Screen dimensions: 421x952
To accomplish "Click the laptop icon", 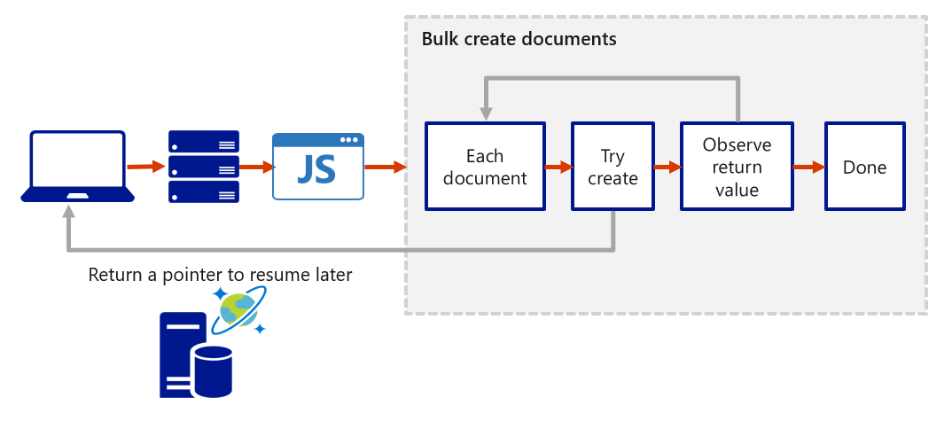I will (78, 166).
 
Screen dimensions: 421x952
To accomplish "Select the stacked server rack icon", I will (203, 166).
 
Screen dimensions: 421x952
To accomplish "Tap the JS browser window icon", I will (317, 166).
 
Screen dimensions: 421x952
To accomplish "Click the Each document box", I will (484, 167).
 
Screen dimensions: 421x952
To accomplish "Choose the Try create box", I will (613, 167).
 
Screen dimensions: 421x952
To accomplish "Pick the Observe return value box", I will (736, 167).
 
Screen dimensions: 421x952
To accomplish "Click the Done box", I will (864, 167).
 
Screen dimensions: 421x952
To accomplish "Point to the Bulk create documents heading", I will (519, 39).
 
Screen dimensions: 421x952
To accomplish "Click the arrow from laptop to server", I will (146, 166).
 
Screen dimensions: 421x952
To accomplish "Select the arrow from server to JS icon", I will (255, 166).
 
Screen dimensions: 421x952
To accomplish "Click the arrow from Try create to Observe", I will (666, 166).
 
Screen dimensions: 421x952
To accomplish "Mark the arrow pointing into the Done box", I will (808, 166).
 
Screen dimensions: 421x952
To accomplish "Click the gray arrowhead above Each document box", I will (486, 113).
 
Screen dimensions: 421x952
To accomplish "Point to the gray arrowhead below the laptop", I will (69, 214).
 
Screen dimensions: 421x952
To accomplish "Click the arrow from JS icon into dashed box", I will (385, 166).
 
